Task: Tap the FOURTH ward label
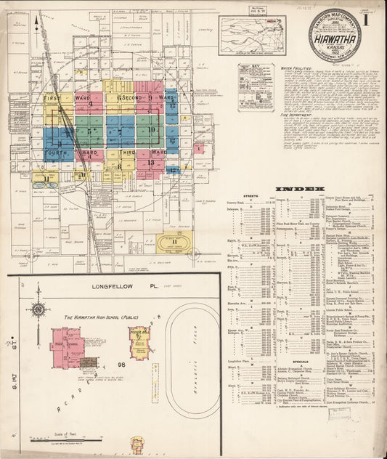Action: [x=57, y=153]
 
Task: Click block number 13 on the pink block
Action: [x=150, y=163]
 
